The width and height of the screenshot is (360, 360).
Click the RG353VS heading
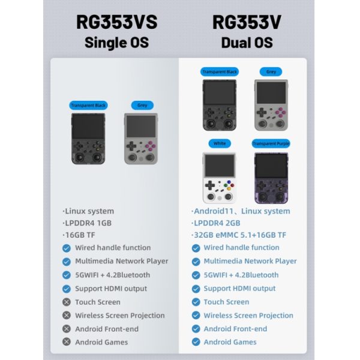[x=117, y=22]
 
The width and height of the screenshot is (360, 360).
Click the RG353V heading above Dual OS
[x=247, y=22]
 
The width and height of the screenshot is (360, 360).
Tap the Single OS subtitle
[x=117, y=43]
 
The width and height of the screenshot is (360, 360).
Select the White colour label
[x=220, y=143]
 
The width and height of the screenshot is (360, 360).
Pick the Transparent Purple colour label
[x=271, y=143]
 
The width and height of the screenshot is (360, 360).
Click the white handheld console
[x=220, y=178]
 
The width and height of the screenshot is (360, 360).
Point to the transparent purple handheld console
[x=271, y=178]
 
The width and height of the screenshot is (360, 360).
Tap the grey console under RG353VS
[x=141, y=139]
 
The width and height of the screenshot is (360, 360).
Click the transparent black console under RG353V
[x=220, y=105]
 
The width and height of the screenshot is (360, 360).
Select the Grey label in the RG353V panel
[x=271, y=71]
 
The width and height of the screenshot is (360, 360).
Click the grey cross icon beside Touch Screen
[x=67, y=302]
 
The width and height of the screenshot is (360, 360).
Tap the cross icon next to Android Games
[x=67, y=342]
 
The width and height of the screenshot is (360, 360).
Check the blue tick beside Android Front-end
[x=196, y=329]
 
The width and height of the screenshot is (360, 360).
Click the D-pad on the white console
[x=209, y=185]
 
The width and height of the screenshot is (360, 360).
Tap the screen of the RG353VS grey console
[x=141, y=126]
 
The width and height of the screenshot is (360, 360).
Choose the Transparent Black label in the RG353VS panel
[x=88, y=106]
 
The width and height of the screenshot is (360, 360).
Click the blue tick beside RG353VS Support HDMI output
[x=67, y=289]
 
